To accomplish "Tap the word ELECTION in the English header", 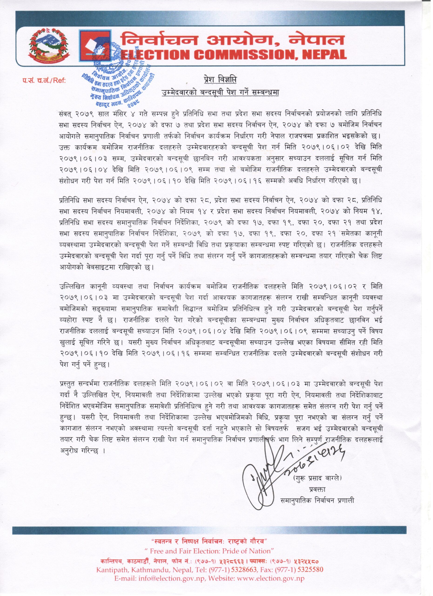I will pyautogui.click(x=155, y=54).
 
